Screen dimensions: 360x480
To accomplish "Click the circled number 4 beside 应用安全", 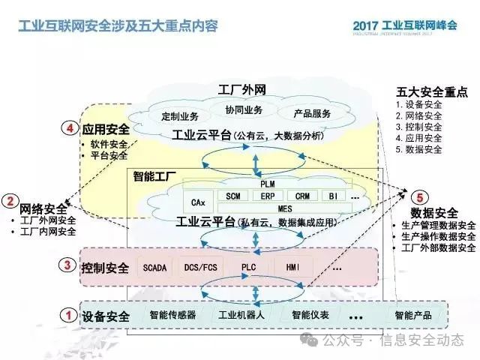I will click(x=70, y=129).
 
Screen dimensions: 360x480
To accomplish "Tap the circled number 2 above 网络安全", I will click(x=10, y=201).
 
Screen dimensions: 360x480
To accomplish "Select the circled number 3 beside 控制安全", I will click(x=67, y=265).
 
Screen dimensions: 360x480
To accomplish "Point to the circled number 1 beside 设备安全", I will click(x=67, y=316).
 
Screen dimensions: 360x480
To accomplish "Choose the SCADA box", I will click(x=154, y=267).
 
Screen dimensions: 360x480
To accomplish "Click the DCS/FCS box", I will click(x=200, y=267).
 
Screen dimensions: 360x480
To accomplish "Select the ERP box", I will click(x=267, y=195).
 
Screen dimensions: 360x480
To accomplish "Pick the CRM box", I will click(x=302, y=195).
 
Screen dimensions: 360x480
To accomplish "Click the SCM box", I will click(x=232, y=195).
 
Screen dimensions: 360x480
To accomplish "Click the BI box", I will click(x=333, y=195).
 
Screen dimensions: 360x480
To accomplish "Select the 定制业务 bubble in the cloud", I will click(x=180, y=115).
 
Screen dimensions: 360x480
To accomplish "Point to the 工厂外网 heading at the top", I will click(x=241, y=90).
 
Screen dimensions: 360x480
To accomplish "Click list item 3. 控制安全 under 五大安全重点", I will click(x=419, y=127).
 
